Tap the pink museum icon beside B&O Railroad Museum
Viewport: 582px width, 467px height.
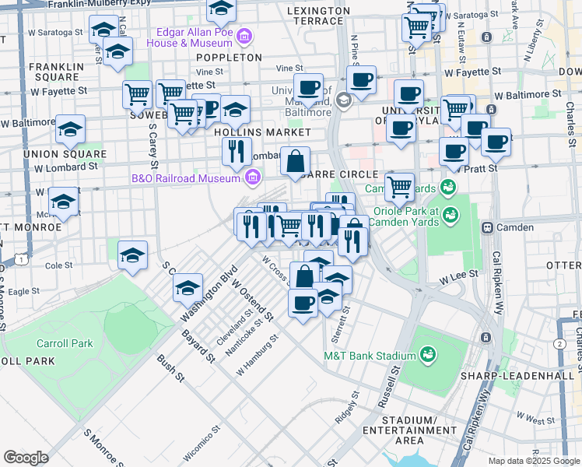(251, 179)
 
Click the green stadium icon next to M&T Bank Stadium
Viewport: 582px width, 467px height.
(426, 356)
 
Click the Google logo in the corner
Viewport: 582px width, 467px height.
(26, 458)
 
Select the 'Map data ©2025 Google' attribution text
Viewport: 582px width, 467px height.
(533, 461)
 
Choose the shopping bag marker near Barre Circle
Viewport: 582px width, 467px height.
(296, 163)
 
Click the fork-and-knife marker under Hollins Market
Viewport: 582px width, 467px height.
(237, 150)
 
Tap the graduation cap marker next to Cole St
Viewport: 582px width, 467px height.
(133, 255)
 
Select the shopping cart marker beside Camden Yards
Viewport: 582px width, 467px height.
(399, 186)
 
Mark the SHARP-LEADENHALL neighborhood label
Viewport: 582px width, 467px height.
(541, 376)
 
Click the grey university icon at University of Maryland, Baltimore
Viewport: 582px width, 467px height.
(343, 100)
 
